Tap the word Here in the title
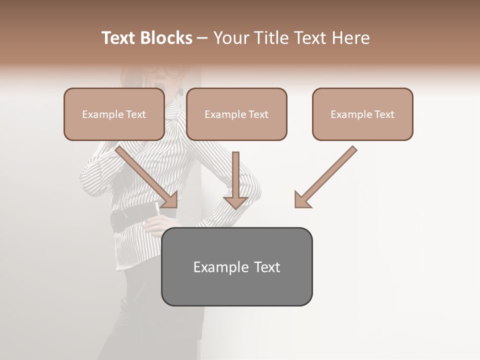pos(350,38)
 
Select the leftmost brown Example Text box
pos(114,114)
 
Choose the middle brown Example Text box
pos(236,114)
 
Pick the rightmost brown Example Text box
pos(362,114)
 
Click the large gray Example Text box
pos(236,266)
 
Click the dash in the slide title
pos(202,38)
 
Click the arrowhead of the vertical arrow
pos(235,202)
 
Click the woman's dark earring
pos(180,91)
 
